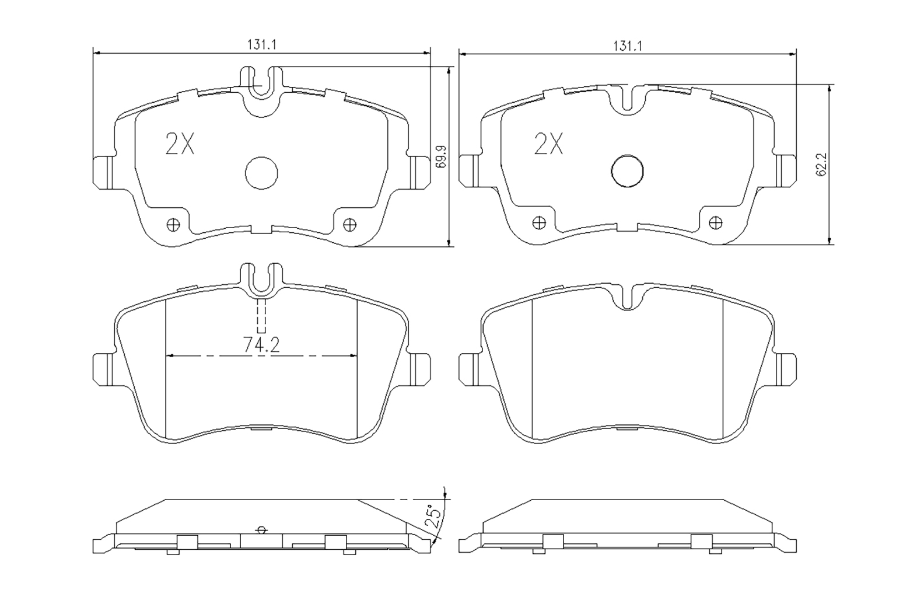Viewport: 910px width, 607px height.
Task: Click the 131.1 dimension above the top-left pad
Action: (262, 44)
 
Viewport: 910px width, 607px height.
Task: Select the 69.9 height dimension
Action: (441, 156)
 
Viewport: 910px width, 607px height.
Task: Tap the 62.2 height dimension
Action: (821, 165)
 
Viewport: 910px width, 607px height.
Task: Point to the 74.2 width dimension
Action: (261, 345)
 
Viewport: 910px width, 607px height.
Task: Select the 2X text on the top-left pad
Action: (180, 144)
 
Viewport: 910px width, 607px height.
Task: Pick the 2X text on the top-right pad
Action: (548, 144)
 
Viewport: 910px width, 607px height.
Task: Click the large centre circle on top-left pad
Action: (261, 173)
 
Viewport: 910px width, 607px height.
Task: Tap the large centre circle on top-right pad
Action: (627, 171)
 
